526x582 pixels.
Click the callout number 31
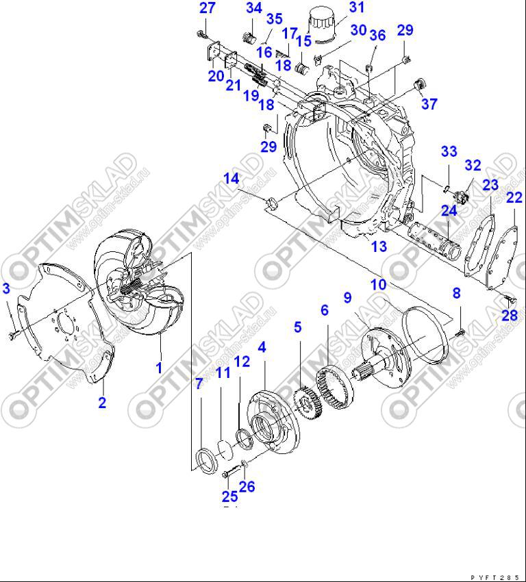[x=357, y=8]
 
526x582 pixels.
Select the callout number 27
[x=208, y=8]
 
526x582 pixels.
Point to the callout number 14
[x=231, y=179]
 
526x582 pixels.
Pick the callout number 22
[x=514, y=198]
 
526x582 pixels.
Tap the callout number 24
[x=449, y=210]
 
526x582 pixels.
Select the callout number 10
[x=379, y=283]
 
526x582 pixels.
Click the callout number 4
[x=262, y=348]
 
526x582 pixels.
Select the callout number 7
[x=199, y=383]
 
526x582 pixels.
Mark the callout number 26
[x=247, y=486]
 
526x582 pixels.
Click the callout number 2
[x=102, y=403]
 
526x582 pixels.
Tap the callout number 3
[x=6, y=288]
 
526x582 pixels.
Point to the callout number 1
[x=159, y=368]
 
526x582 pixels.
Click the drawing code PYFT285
[x=499, y=577]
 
